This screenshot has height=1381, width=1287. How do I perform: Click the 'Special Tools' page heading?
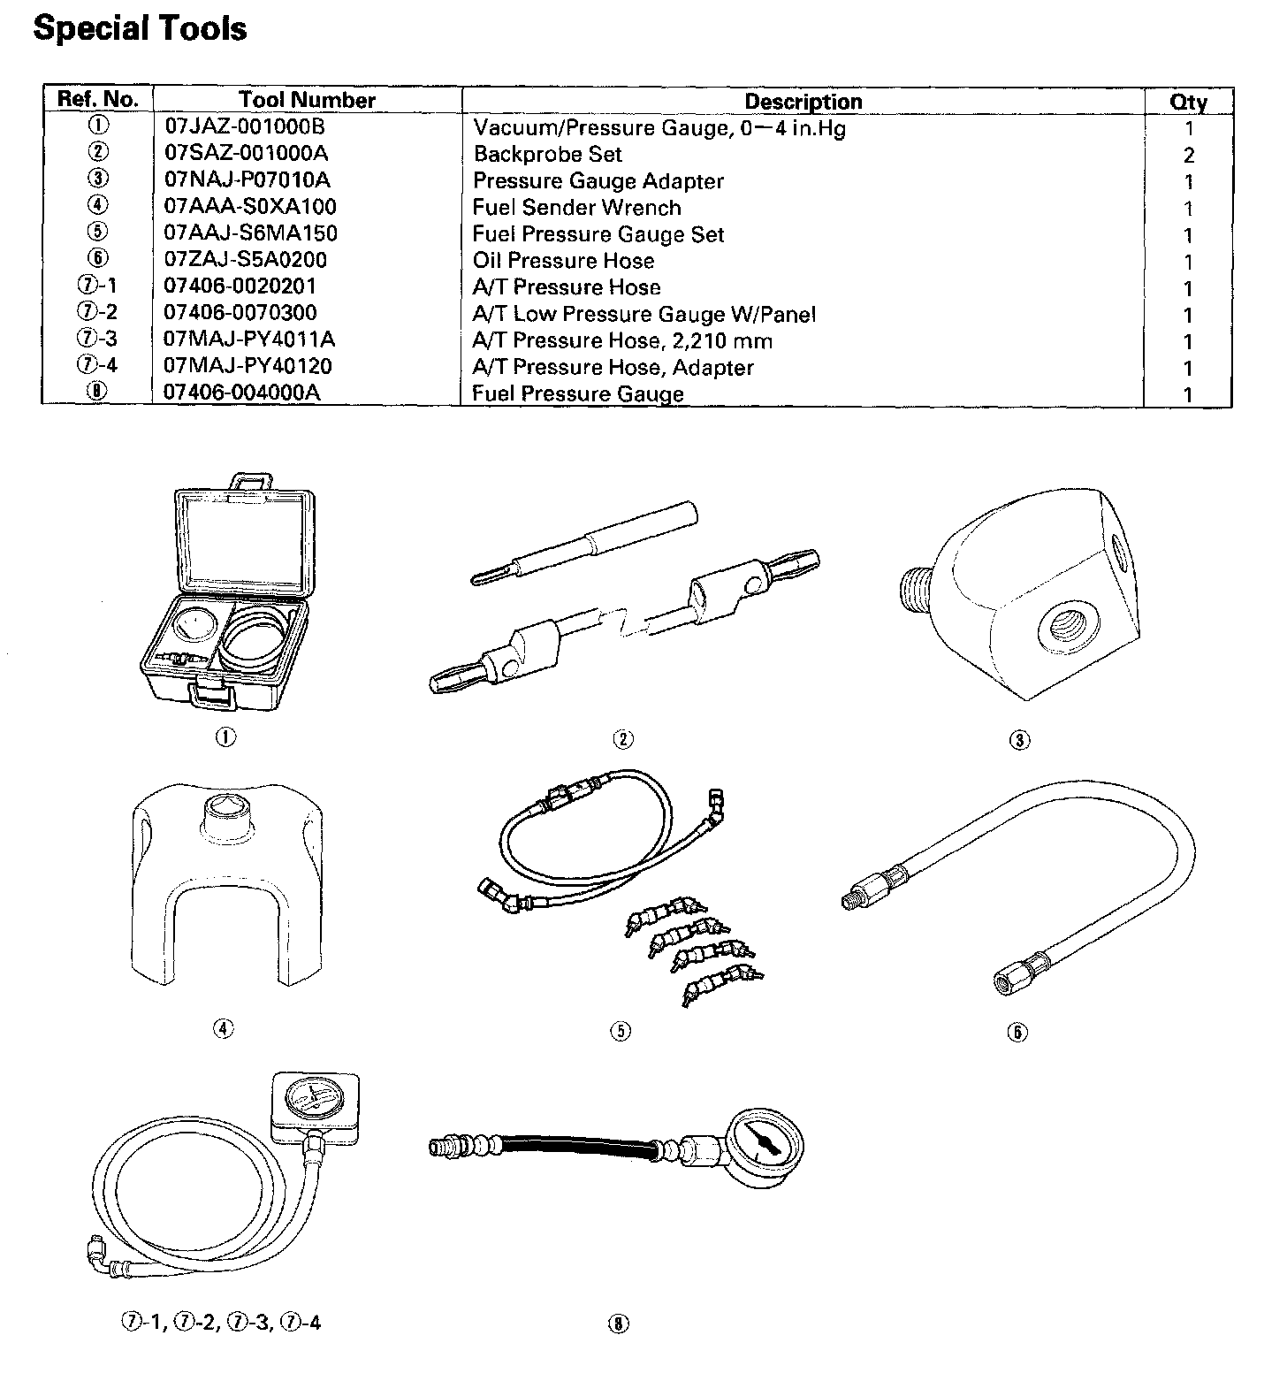[140, 28]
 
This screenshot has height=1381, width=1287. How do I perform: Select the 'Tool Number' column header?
[307, 100]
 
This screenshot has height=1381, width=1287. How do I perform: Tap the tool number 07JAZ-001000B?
[245, 127]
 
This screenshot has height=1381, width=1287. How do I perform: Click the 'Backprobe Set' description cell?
[547, 154]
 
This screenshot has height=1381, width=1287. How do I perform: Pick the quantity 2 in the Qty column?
[1189, 156]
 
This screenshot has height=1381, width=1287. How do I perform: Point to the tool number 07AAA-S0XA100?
[250, 207]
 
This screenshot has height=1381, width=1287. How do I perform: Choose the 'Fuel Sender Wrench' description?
[576, 208]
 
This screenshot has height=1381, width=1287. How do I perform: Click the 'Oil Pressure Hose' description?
[563, 261]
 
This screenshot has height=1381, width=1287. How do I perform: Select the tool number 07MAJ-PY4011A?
[249, 340]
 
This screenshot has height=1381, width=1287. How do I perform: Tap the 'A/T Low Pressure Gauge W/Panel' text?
[643, 314]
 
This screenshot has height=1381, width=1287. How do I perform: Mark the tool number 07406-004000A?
[242, 393]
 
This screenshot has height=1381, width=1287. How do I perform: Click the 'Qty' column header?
[1188, 101]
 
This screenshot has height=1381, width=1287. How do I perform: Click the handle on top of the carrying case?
[250, 482]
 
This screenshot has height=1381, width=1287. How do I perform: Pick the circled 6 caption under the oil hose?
[1017, 1032]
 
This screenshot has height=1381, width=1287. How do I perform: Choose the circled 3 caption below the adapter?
[1019, 740]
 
